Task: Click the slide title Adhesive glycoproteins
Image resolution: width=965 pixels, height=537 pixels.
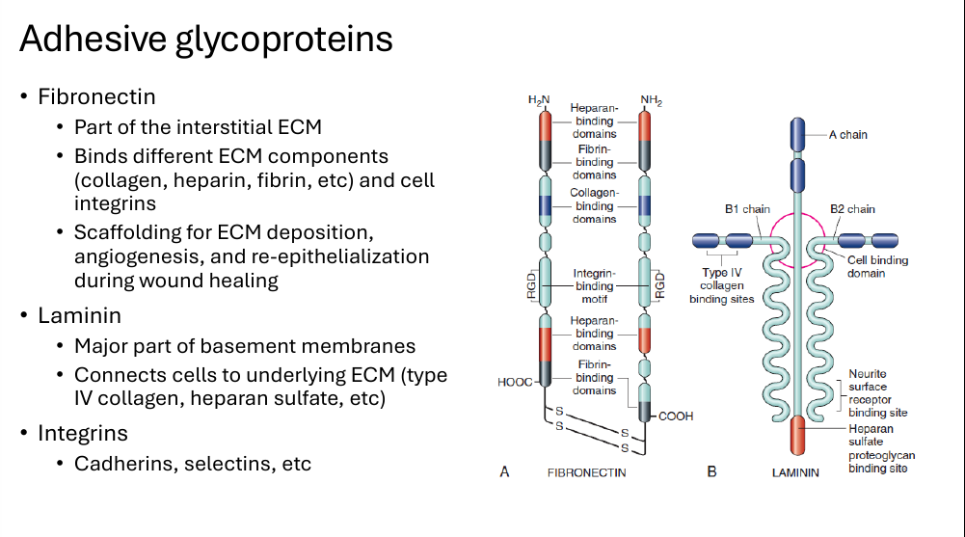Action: pos(206,39)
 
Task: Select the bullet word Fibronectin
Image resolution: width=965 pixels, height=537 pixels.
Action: pos(96,96)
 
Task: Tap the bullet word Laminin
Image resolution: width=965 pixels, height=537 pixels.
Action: pos(79,315)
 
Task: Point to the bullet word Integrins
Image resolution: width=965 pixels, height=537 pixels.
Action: pos(83,433)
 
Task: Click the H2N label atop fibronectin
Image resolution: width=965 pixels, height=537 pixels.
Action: pos(539,100)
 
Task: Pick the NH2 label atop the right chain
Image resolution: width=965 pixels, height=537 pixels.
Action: pos(651,100)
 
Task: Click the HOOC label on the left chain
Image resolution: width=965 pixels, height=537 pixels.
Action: pos(515,382)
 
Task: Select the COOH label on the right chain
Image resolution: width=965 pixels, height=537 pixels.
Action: pos(676,416)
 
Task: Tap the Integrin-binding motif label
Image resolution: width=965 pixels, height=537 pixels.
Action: pos(594,286)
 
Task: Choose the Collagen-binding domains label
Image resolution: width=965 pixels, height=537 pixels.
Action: pos(594,205)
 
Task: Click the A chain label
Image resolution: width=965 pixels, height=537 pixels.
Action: pos(847,135)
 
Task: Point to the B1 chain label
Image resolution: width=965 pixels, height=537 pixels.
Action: pos(747,209)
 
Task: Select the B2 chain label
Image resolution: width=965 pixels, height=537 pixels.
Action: pos(852,209)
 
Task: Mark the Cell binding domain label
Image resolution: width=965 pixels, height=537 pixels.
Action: pos(877,266)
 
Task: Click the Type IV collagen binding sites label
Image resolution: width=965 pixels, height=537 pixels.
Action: pos(721,285)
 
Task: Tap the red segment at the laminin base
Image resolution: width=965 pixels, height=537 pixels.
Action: pos(797,435)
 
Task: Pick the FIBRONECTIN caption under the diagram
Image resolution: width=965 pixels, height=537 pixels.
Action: pos(586,472)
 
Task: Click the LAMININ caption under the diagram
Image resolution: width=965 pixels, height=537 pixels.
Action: pos(795,472)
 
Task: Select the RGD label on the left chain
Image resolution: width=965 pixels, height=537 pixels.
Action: pos(531,286)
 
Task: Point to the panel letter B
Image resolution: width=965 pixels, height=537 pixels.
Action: pos(712,471)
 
